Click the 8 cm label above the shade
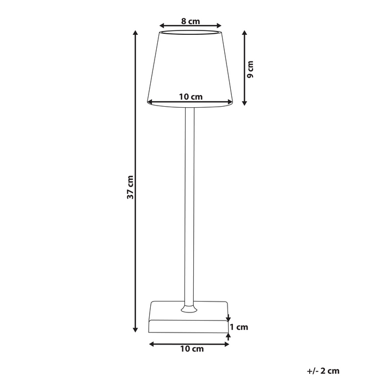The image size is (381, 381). pos(190,21)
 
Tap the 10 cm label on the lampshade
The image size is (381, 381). pos(190,96)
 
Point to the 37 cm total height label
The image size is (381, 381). pos(130,187)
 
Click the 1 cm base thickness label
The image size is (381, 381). pos(238,327)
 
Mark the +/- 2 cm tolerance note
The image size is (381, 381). pos(323,371)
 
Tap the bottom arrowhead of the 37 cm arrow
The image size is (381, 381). pos(136,329)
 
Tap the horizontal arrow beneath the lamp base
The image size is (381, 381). pos(189,343)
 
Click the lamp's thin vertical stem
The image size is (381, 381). pos(188,207)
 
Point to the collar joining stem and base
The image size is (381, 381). pos(188,309)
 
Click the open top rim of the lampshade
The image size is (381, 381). pos(190,33)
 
